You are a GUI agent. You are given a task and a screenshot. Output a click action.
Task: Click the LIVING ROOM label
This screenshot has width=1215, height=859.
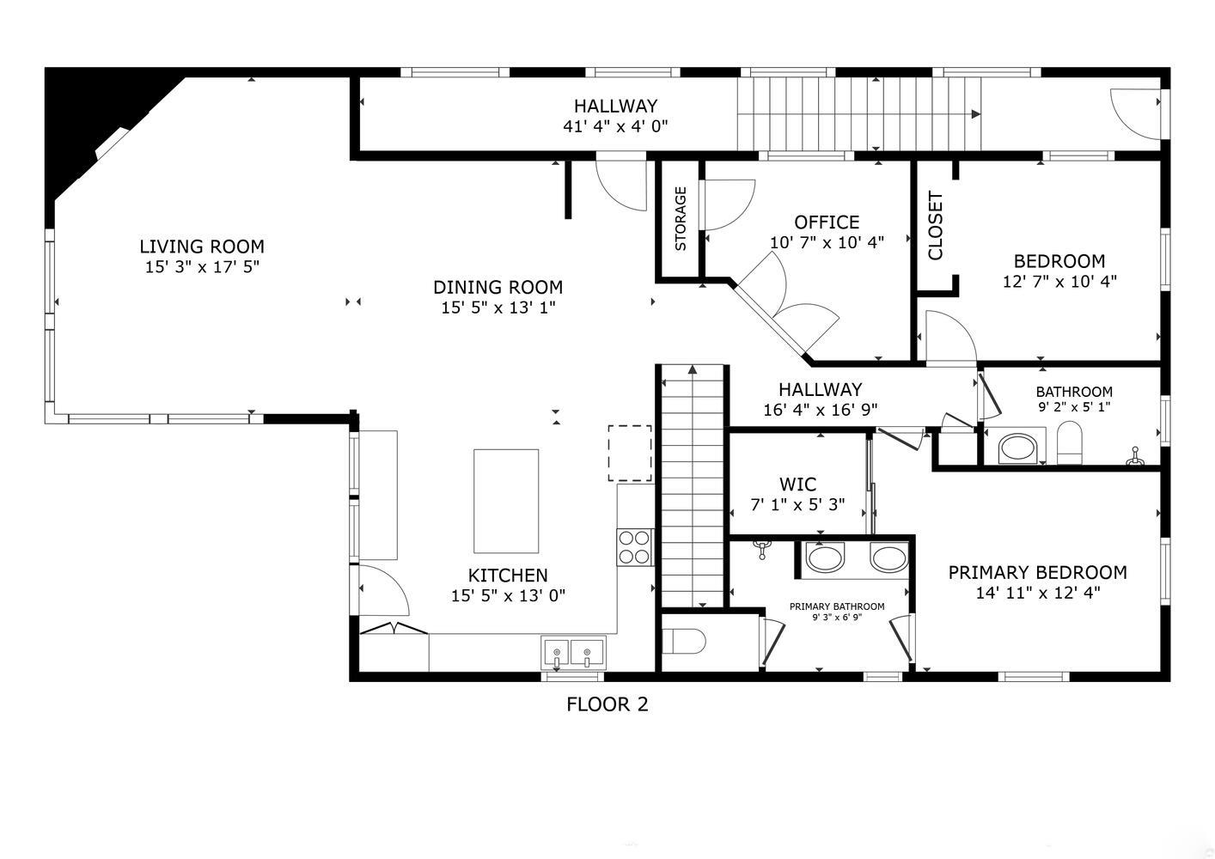pyautogui.click(x=202, y=247)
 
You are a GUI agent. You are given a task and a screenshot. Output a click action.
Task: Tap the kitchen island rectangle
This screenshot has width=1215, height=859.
pyautogui.click(x=506, y=501)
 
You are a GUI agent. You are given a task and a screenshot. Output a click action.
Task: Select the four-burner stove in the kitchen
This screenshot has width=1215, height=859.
pyautogui.click(x=634, y=547)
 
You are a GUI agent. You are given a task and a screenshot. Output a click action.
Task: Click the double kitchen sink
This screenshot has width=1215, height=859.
pyautogui.click(x=573, y=652)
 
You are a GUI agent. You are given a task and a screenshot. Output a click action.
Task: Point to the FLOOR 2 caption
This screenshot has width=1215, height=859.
pyautogui.click(x=607, y=705)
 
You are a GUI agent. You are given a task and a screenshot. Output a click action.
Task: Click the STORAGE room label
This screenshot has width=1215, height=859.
pyautogui.click(x=681, y=219)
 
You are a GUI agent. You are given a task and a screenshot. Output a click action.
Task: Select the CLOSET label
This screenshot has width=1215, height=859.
pyautogui.click(x=936, y=225)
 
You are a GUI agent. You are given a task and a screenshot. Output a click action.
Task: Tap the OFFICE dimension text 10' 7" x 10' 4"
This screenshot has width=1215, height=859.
pyautogui.click(x=827, y=243)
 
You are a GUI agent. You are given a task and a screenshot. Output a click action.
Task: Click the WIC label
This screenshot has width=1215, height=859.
pyautogui.click(x=797, y=484)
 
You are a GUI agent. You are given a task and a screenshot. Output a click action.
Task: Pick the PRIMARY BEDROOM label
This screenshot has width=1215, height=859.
pyautogui.click(x=1037, y=573)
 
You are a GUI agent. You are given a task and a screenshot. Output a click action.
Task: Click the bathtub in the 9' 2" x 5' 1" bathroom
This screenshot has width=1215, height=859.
pyautogui.click(x=1018, y=448)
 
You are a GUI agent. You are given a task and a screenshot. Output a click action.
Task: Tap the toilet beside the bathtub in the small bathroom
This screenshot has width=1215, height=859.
pyautogui.click(x=1069, y=443)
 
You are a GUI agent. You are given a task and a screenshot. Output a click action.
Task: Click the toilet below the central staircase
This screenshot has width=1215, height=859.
pyautogui.click(x=684, y=641)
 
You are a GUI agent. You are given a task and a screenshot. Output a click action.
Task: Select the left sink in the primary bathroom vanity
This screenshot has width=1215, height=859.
pyautogui.click(x=825, y=558)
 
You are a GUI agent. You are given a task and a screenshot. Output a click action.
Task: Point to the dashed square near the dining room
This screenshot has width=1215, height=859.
pyautogui.click(x=630, y=453)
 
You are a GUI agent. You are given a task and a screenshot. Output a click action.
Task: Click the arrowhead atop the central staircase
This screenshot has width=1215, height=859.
pyautogui.click(x=692, y=370)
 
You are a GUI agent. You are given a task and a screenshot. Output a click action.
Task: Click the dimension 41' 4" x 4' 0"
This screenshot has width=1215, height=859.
pyautogui.click(x=615, y=126)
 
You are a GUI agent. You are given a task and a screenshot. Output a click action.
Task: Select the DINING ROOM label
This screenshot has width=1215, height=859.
pyautogui.click(x=498, y=288)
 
